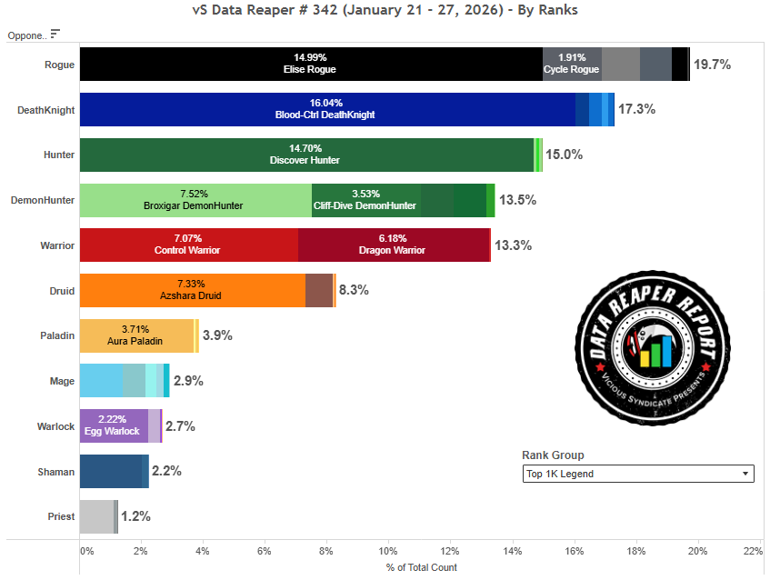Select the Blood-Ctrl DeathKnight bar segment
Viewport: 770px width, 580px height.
(x=327, y=109)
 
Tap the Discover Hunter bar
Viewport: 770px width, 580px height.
(x=306, y=155)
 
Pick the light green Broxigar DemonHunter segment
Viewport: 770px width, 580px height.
(x=195, y=200)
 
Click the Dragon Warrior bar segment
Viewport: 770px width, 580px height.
(x=394, y=245)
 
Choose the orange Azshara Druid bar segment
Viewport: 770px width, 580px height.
(x=192, y=290)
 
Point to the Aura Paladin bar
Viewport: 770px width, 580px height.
(x=136, y=335)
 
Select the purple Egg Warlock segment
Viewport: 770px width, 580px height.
(x=114, y=425)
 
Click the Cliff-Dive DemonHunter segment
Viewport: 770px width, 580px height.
(x=366, y=200)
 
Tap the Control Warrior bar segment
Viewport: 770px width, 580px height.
(x=188, y=245)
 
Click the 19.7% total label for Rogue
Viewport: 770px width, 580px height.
(x=712, y=65)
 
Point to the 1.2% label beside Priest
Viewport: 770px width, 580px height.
(x=135, y=516)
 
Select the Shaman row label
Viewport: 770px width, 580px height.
(x=57, y=471)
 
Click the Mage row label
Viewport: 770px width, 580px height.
(x=62, y=381)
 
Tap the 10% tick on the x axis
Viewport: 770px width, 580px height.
(x=388, y=551)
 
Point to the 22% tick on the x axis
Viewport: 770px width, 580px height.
(x=752, y=551)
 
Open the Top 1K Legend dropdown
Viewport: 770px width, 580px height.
(x=637, y=474)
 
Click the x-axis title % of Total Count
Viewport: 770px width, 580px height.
(x=421, y=567)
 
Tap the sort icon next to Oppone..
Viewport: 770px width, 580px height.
(x=55, y=35)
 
